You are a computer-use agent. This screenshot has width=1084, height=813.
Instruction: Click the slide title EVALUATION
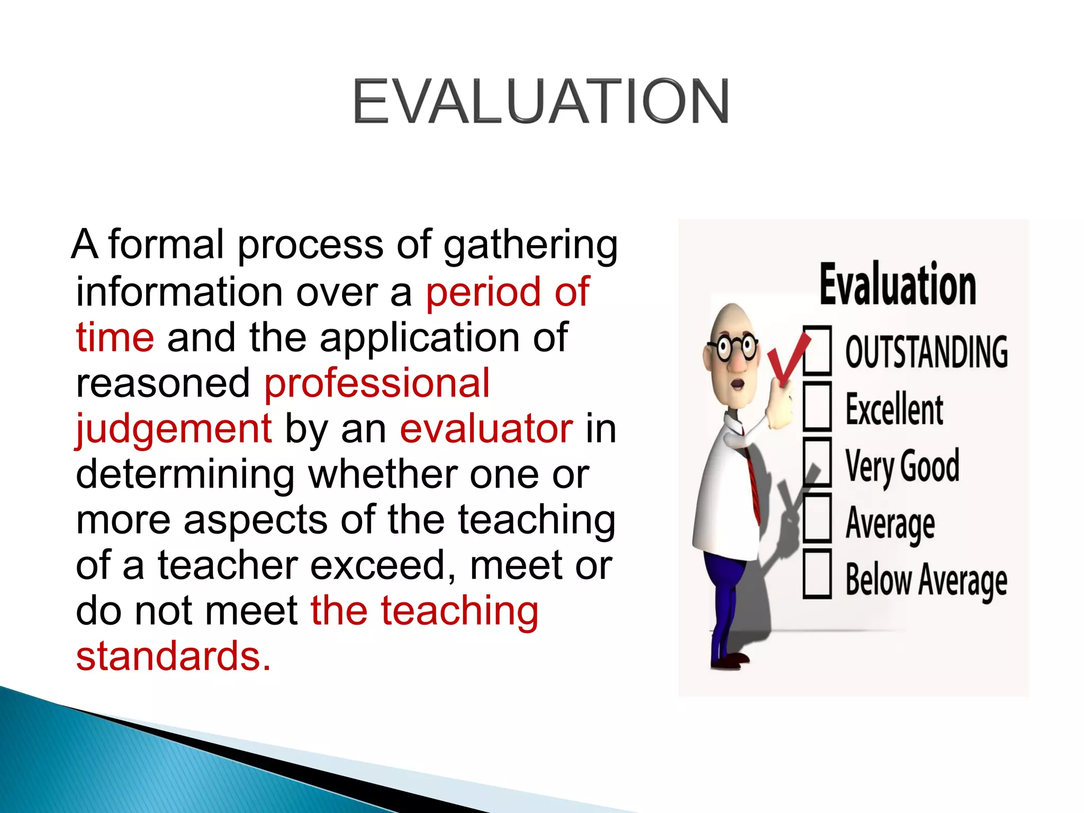click(x=541, y=101)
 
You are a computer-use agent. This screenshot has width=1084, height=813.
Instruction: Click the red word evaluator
click(x=486, y=429)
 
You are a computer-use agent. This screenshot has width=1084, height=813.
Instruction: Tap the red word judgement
click(x=174, y=430)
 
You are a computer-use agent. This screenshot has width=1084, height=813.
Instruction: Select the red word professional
click(x=377, y=383)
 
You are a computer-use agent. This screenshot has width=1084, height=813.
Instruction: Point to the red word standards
click(x=173, y=656)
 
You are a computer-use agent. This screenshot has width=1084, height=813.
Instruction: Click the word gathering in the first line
click(x=530, y=246)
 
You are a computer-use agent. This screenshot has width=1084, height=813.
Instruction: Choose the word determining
click(x=185, y=474)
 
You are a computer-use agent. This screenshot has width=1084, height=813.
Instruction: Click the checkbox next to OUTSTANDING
click(x=817, y=350)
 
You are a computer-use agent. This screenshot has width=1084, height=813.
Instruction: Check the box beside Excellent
click(x=817, y=406)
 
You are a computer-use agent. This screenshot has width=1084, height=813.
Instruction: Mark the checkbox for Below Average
click(x=817, y=574)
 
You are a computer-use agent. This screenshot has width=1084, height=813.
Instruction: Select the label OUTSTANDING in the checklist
click(x=926, y=351)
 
